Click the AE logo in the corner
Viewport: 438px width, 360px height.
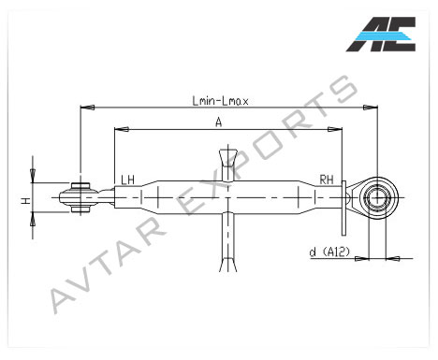381,35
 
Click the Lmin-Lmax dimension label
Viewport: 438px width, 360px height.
220,101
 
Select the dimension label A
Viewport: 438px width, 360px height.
219,122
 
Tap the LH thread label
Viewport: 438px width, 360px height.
127,180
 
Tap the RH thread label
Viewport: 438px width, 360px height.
327,180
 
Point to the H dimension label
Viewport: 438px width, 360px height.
26,200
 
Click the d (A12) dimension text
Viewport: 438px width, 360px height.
329,252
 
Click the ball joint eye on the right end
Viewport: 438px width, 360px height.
378,197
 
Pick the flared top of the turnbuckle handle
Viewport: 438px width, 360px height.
228,157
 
